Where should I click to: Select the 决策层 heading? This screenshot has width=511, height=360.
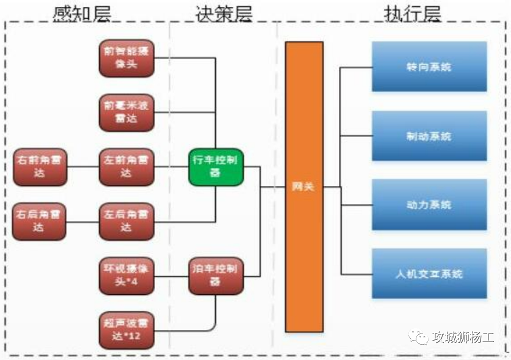tap(224, 13)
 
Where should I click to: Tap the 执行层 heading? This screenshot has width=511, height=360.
tap(412, 13)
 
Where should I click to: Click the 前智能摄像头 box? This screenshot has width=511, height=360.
tap(126, 58)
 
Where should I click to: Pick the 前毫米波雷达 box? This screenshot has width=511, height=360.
tap(126, 112)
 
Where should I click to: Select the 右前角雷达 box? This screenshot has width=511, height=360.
tap(40, 167)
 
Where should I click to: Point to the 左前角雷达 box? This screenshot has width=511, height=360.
tap(126, 167)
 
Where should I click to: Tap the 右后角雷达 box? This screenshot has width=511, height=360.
tap(40, 221)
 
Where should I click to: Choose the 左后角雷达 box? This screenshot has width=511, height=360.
tap(126, 221)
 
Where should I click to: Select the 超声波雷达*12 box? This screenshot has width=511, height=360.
tap(126, 330)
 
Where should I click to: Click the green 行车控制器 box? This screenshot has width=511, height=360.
tap(215, 167)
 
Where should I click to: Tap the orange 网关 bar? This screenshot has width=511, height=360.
tap(304, 187)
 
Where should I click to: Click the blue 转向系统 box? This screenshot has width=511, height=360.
tap(429, 66)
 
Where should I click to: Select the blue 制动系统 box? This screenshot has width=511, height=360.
tap(429, 136)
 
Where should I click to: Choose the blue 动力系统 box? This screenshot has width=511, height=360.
tap(429, 205)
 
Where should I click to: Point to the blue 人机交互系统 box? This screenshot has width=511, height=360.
tap(429, 273)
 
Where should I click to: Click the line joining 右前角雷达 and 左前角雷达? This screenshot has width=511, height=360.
tap(83, 167)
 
